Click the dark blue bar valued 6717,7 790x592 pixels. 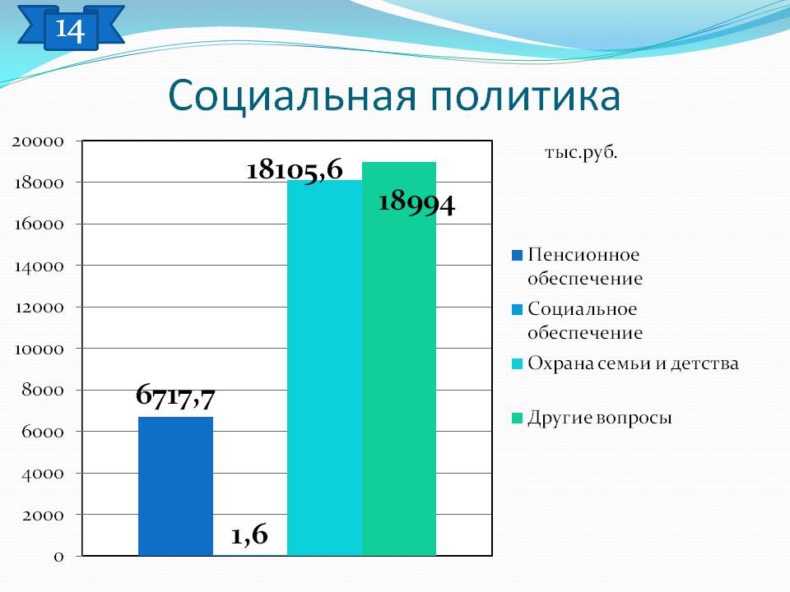click(175, 486)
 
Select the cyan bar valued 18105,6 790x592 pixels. click(324, 368)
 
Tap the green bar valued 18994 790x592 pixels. click(399, 359)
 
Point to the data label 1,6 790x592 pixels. click(249, 534)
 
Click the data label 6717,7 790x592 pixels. click(175, 395)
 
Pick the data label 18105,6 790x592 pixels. click(295, 169)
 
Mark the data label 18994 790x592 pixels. click(416, 203)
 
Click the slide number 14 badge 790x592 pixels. click(71, 30)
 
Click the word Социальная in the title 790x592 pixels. click(292, 95)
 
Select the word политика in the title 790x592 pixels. click(526, 95)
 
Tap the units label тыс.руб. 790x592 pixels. click(581, 153)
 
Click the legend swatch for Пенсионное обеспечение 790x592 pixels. click(517, 255)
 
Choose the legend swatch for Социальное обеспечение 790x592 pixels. click(517, 310)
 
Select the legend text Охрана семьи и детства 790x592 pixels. click(634, 363)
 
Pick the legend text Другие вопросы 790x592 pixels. click(600, 418)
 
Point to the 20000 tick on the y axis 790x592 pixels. click(38, 141)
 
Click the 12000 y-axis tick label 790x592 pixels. click(39, 307)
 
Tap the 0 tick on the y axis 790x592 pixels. click(59, 557)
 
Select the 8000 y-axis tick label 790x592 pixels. click(43, 390)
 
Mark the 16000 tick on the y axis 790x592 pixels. click(39, 224)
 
